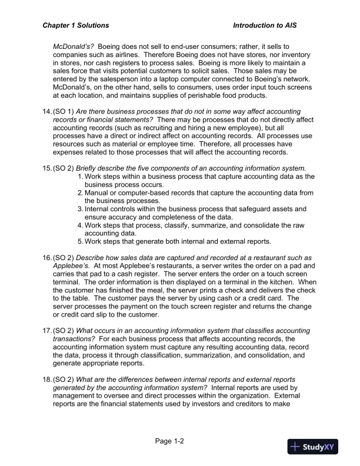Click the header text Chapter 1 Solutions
point(76,26)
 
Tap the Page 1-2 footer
point(171,441)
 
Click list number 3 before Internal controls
point(81,209)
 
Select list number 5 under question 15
point(81,241)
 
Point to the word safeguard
point(259,209)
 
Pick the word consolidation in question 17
point(254,355)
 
